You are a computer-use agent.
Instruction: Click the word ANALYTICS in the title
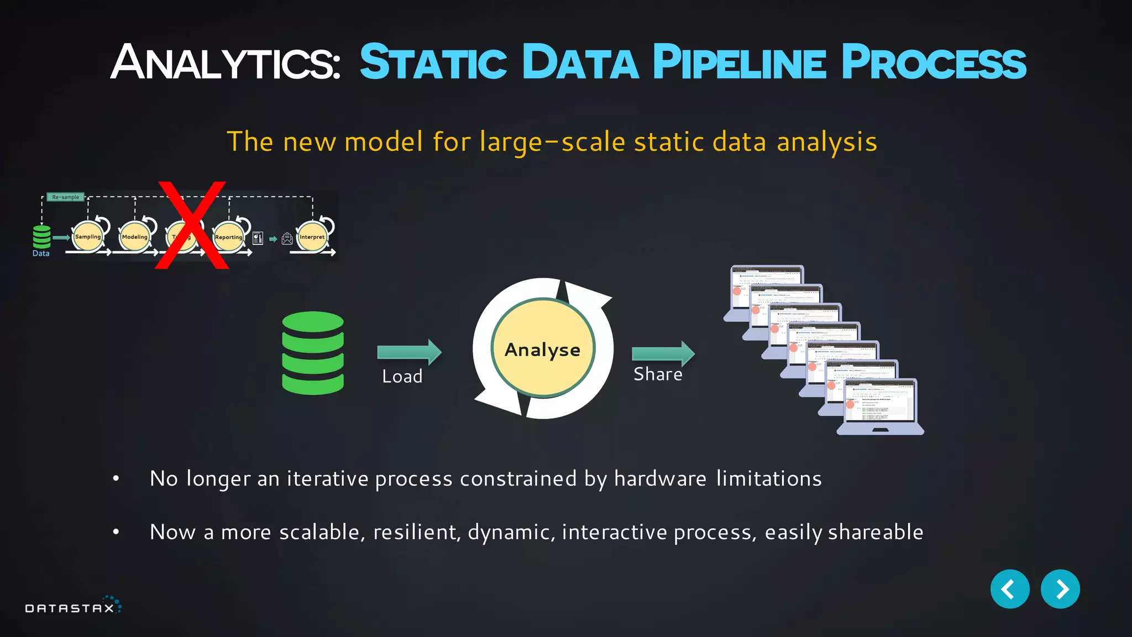pyautogui.click(x=226, y=62)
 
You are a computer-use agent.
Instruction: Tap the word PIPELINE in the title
pyautogui.click(x=740, y=62)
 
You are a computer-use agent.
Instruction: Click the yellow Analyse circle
pyautogui.click(x=543, y=348)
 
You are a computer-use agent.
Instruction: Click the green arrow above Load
pyautogui.click(x=408, y=352)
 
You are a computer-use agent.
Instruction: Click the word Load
pyautogui.click(x=402, y=377)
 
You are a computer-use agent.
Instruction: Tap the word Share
pyautogui.click(x=658, y=374)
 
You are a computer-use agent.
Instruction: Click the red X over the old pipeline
pyautogui.click(x=192, y=225)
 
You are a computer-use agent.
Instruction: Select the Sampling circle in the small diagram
pyautogui.click(x=88, y=237)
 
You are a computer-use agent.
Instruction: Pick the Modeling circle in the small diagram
pyautogui.click(x=135, y=237)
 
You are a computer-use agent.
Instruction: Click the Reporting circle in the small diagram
pyautogui.click(x=229, y=237)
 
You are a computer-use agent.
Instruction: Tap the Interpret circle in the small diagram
pyautogui.click(x=312, y=237)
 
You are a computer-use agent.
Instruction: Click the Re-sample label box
pyautogui.click(x=65, y=197)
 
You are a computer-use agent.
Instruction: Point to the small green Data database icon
pyautogui.click(x=41, y=237)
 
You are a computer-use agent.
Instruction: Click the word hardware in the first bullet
pyautogui.click(x=660, y=478)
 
